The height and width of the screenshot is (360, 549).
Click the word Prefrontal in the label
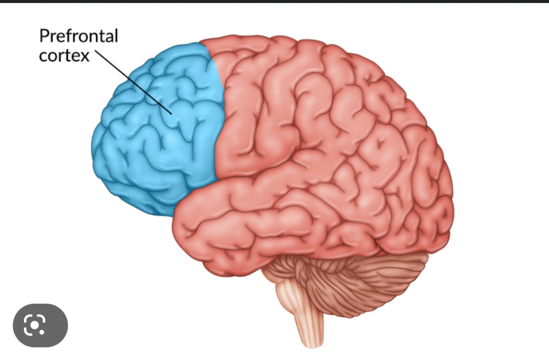click(78, 36)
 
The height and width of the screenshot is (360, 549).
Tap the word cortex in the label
click(64, 56)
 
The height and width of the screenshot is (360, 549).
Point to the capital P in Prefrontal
click(44, 36)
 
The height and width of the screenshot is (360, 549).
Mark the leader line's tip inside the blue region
click(171, 113)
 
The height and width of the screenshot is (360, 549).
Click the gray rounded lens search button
click(40, 325)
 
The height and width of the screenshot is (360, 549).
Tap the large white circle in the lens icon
click(35, 325)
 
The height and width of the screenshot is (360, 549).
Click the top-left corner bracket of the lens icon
click(27, 318)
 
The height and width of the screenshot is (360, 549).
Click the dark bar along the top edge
click(274, 2)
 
